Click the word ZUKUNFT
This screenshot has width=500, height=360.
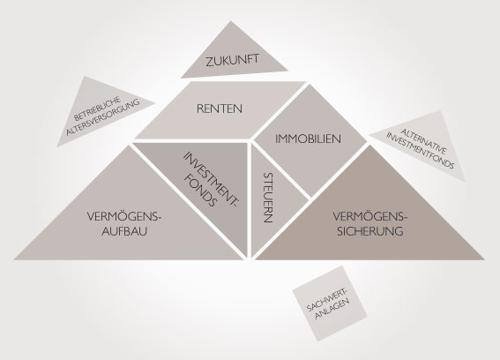232,61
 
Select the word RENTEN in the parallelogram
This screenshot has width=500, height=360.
220,109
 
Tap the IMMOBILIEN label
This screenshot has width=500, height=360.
308,139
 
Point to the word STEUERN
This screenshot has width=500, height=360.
268,198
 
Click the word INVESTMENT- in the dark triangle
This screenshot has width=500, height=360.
211,180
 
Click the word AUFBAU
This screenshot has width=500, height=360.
124,231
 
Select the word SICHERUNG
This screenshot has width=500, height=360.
370,231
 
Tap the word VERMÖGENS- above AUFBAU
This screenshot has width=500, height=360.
124,217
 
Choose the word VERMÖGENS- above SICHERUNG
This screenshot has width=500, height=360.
370,217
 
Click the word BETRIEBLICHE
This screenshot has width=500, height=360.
97,109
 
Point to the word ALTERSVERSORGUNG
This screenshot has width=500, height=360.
102,117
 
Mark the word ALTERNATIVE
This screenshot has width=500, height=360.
424,141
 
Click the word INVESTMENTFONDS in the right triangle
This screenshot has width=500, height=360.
421,151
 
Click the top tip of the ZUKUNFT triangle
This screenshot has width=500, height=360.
231,21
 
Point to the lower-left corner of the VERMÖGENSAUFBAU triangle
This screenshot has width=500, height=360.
14,259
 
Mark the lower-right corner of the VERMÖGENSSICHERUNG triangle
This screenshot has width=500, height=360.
485,259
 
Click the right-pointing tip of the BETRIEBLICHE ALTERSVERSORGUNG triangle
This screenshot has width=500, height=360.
155,103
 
